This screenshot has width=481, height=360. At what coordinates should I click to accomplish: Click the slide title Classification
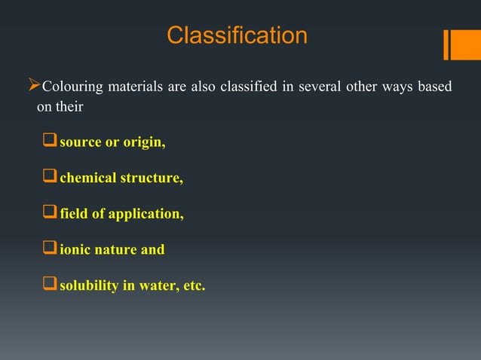(237, 35)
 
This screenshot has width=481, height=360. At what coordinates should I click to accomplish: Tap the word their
(69, 107)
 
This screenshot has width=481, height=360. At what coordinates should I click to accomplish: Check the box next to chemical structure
(50, 178)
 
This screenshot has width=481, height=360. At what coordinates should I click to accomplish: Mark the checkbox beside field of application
(50, 214)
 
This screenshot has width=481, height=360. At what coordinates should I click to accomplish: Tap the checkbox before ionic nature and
(50, 249)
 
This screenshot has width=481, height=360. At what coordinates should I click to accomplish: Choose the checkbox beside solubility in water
(50, 285)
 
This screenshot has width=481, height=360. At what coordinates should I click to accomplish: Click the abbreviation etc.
(191, 285)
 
